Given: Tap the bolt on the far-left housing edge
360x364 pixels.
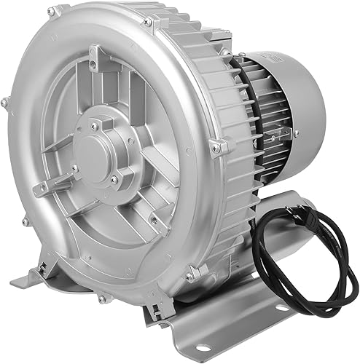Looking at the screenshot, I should (x=5, y=104).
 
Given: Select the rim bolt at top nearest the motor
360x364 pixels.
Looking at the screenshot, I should (x=148, y=23).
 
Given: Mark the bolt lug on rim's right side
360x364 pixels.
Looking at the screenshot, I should (x=216, y=148).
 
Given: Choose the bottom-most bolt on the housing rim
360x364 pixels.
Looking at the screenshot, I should (x=102, y=298).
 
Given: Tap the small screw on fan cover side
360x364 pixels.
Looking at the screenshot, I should (x=295, y=133).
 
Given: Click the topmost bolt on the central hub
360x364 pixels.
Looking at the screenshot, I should (x=95, y=126).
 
